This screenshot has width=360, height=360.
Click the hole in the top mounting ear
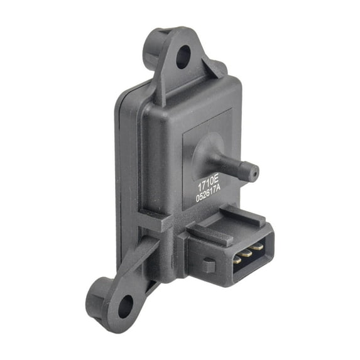tap(183, 57)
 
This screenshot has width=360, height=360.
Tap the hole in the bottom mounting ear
tap(126, 306)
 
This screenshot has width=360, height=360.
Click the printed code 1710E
tap(207, 185)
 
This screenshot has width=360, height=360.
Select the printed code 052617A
tap(208, 195)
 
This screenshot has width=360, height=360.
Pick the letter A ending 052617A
tap(218, 190)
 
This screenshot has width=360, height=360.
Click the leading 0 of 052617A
tap(197, 199)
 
